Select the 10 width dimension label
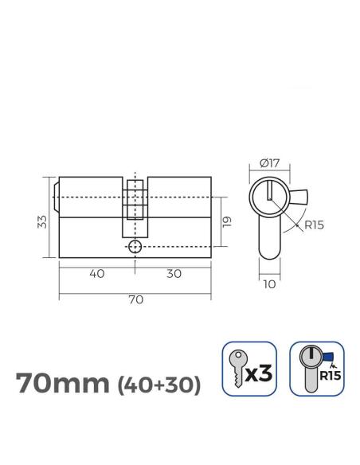tap(269, 282)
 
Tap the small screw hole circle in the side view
tap(136, 248)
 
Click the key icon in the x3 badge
tap(237, 369)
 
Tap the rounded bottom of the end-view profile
tap(269, 252)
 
